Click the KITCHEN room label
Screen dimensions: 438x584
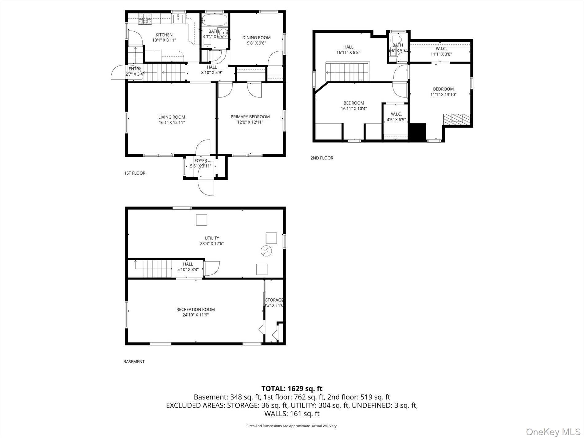point(164,35)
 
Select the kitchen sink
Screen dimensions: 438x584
point(178,19)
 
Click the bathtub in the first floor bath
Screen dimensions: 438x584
point(215,20)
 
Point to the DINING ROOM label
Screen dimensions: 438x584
point(256,37)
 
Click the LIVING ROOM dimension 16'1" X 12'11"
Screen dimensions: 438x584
point(172,122)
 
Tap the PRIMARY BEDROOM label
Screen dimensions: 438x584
point(250,116)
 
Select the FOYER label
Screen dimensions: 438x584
point(200,160)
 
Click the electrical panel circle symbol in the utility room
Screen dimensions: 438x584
point(266,251)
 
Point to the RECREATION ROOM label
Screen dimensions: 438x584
point(195,309)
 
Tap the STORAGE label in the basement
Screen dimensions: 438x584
point(274,300)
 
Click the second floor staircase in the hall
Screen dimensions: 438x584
point(348,72)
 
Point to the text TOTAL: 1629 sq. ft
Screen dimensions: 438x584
point(292,389)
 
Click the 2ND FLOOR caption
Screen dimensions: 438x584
point(322,158)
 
